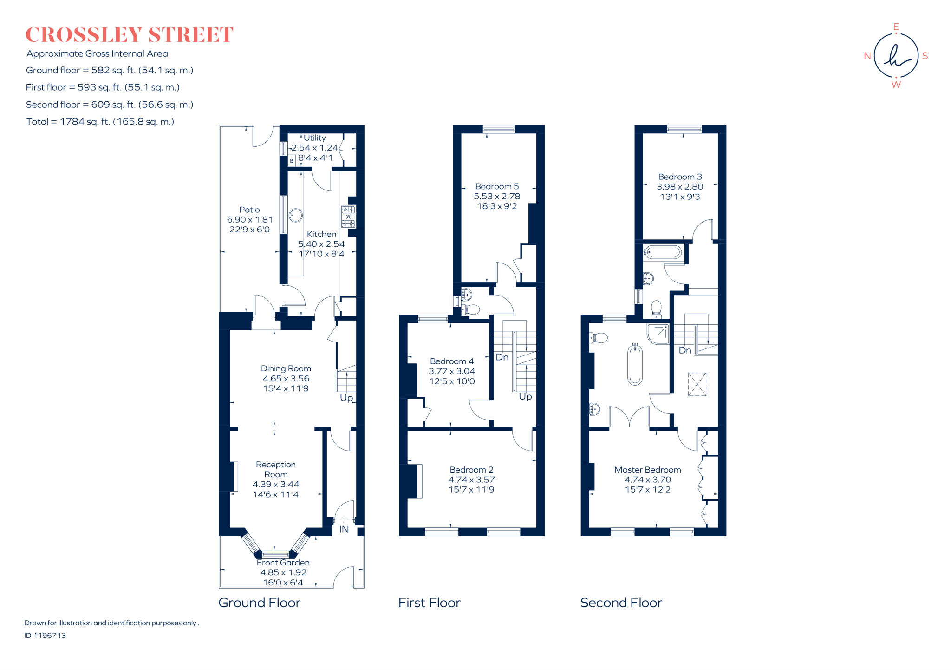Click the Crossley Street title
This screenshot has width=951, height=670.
[x=129, y=35]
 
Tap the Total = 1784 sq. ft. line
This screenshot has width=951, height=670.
[x=100, y=122]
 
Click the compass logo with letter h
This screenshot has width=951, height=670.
[x=896, y=56]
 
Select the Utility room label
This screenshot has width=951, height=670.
[x=314, y=138]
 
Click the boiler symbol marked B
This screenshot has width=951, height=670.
[x=292, y=161]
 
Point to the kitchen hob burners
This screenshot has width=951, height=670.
[x=348, y=217]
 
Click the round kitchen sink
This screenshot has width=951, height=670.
[x=296, y=215]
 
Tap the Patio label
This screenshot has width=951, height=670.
[x=249, y=210]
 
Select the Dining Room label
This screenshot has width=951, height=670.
[x=286, y=368]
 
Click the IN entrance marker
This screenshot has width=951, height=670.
[x=344, y=530]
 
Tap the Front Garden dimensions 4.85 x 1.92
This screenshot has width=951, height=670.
[x=283, y=573]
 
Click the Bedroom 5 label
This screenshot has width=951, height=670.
[x=496, y=186]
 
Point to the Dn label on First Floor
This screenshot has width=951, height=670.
[x=502, y=357]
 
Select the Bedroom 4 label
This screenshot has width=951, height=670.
[x=451, y=361]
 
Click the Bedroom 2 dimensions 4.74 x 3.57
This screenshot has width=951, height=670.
[x=471, y=480]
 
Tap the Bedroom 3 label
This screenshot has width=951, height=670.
[x=680, y=177]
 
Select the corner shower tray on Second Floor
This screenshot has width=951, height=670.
[x=658, y=334]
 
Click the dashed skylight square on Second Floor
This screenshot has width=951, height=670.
[x=697, y=384]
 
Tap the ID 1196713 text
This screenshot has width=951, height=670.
[x=45, y=636]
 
